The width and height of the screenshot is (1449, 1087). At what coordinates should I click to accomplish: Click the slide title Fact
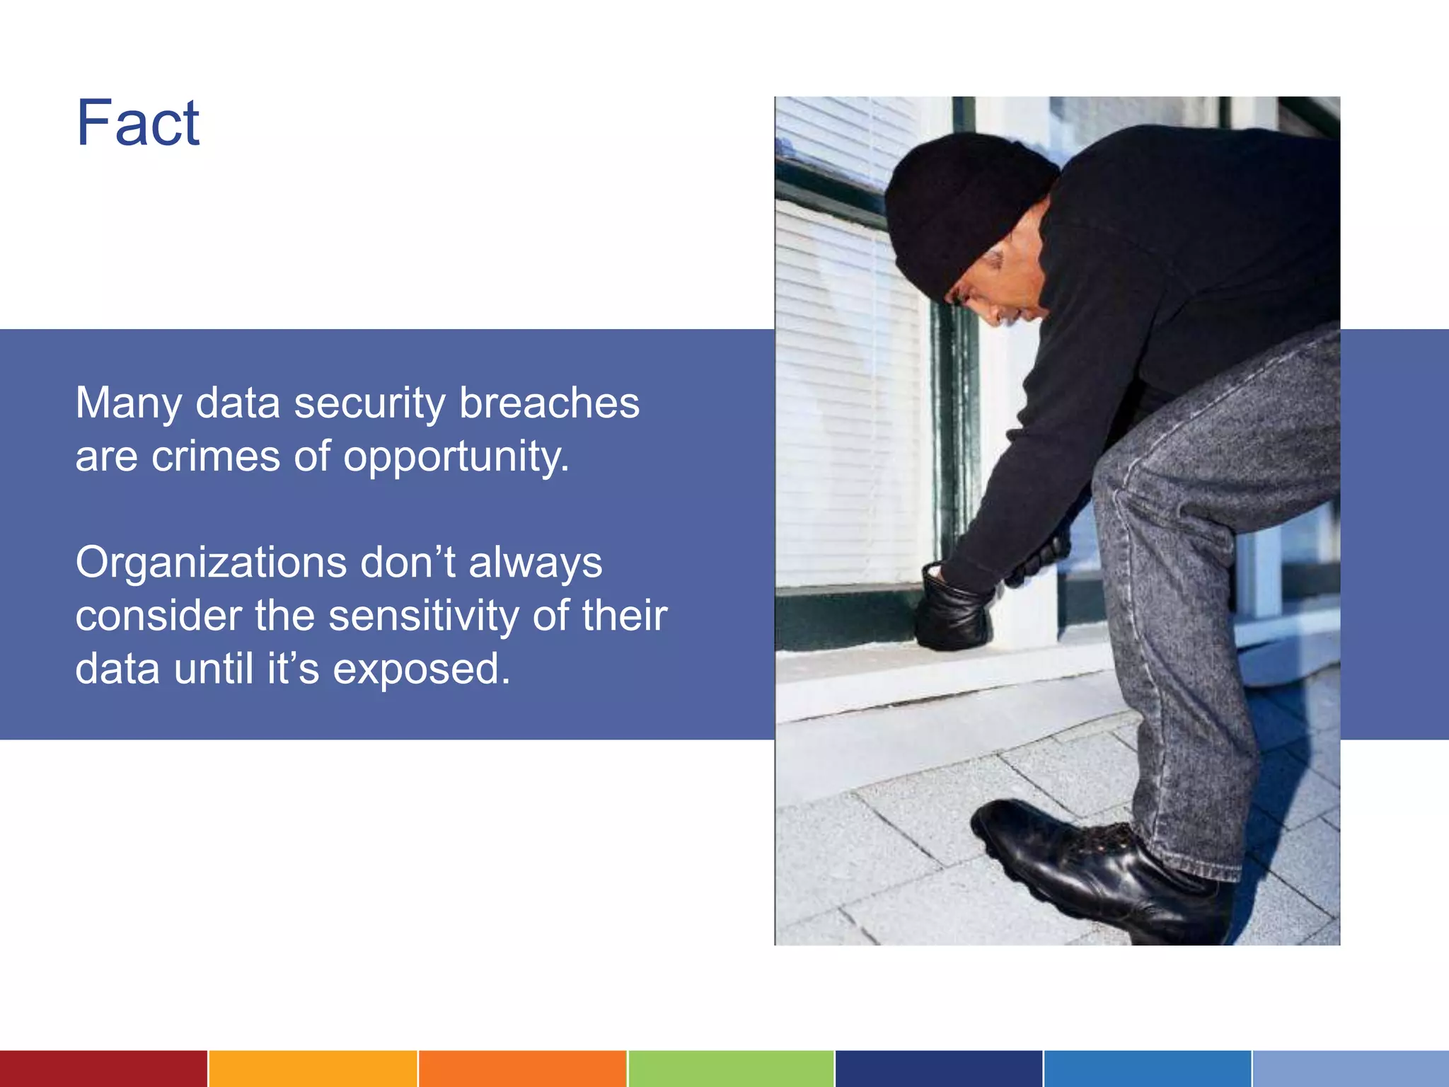click(138, 123)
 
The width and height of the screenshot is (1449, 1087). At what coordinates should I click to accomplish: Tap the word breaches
click(549, 403)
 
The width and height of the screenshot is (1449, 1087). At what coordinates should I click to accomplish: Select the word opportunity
click(456, 457)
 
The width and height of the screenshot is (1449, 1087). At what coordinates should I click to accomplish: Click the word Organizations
click(211, 563)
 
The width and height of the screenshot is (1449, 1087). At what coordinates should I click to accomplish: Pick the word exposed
click(421, 669)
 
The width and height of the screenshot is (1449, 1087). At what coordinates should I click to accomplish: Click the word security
click(369, 403)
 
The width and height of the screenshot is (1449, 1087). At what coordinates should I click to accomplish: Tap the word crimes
click(216, 456)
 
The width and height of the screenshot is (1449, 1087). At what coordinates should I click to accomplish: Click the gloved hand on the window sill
click(952, 609)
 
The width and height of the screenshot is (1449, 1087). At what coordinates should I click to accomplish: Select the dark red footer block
click(103, 1069)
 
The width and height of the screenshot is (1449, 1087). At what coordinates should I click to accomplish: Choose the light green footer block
click(731, 1069)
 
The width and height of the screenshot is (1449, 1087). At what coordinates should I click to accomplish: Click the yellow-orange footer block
click(313, 1069)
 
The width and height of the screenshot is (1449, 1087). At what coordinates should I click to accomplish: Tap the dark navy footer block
click(939, 1069)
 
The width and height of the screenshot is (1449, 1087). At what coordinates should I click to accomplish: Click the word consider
click(158, 616)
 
